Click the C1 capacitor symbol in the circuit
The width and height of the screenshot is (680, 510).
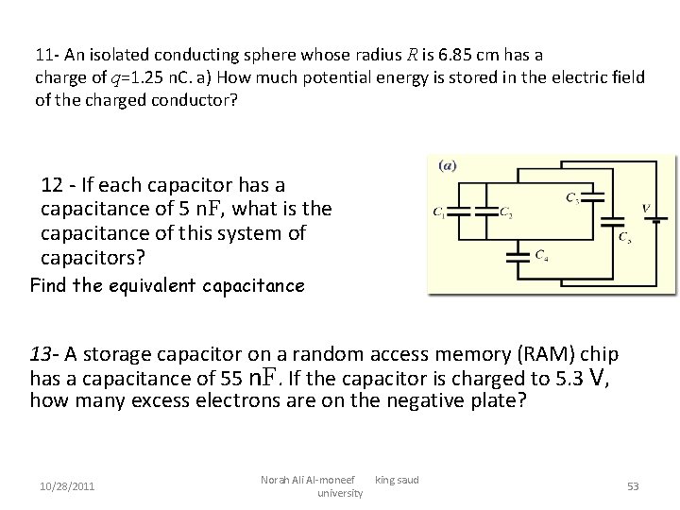pyautogui.click(x=458, y=212)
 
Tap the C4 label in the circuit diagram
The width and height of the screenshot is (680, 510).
pyautogui.click(x=541, y=254)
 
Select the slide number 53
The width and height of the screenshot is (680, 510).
pyautogui.click(x=633, y=486)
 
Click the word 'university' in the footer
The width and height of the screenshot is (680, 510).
pyautogui.click(x=339, y=493)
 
